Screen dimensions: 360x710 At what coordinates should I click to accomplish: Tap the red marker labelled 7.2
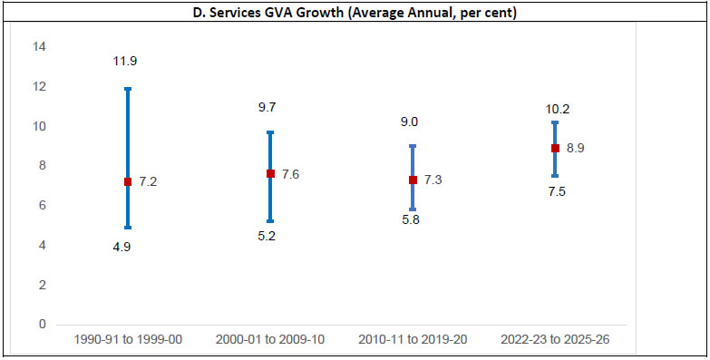tap(128, 182)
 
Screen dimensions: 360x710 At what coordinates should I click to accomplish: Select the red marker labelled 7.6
tap(270, 174)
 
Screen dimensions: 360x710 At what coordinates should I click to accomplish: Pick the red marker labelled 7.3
tap(413, 180)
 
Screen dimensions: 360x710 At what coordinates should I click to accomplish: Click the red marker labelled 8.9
tap(555, 148)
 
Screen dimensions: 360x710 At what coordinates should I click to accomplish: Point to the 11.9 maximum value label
tap(124, 62)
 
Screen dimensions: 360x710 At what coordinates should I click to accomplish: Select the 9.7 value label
tap(267, 107)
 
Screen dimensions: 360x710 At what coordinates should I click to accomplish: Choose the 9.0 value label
tap(409, 122)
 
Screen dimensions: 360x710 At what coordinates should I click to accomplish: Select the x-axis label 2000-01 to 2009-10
tap(270, 339)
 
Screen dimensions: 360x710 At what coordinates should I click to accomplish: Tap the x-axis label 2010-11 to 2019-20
tap(413, 339)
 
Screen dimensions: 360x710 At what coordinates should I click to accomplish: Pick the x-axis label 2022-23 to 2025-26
tap(555, 339)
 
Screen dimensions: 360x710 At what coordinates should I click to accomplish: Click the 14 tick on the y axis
tap(40, 47)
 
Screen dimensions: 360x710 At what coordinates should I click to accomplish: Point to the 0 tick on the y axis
tap(40, 325)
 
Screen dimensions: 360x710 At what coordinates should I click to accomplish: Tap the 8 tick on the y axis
tap(40, 166)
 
